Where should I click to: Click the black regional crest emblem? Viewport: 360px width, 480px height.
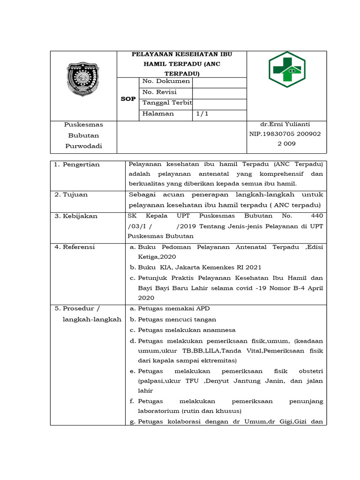83,79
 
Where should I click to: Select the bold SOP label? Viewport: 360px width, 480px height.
128,99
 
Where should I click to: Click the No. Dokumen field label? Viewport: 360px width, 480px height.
166,81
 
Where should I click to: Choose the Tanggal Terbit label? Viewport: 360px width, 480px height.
167,103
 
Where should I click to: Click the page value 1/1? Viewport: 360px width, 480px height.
202,113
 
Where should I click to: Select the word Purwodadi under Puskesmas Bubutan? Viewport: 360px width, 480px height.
83,146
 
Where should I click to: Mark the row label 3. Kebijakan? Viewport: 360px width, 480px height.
75,216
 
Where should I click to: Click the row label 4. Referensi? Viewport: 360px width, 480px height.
75,247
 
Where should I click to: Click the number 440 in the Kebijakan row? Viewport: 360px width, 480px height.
317,216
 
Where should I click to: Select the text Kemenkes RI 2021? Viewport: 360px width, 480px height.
235,268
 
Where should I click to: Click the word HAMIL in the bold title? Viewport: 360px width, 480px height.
157,64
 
